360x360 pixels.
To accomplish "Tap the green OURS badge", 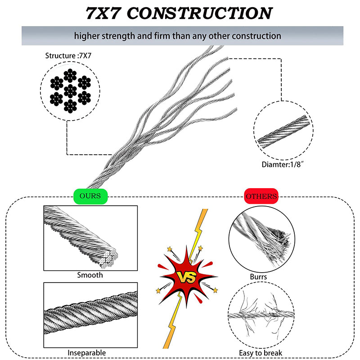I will click(x=90, y=196).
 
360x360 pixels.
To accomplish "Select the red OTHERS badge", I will click(x=261, y=196).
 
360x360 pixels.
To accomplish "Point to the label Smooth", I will click(x=90, y=275).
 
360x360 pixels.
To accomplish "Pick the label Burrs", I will click(x=258, y=277).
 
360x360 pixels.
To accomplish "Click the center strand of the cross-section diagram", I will click(x=70, y=91).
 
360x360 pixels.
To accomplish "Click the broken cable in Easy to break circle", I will click(x=261, y=315).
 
